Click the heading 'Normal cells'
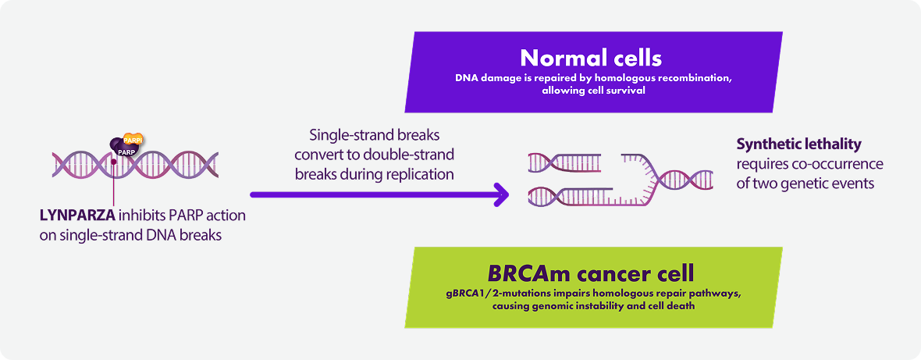591,59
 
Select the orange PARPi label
133,141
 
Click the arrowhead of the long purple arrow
501,194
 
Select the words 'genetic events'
837,184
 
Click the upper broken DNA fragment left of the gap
564,162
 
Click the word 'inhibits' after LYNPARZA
136,216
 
